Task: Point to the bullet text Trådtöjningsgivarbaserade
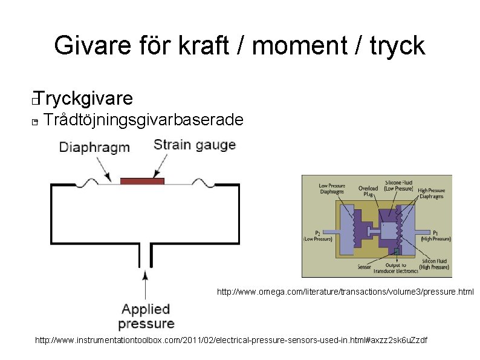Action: tap(144, 120)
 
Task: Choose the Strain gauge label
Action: tap(194, 145)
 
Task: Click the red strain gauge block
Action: tap(142, 181)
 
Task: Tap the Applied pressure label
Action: tap(146, 316)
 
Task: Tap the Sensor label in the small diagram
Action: tap(365, 266)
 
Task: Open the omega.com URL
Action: tap(345, 292)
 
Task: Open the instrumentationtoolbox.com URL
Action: tap(231, 340)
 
